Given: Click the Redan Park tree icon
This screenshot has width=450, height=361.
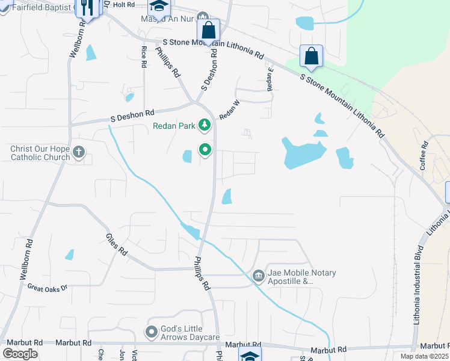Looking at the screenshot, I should click(206, 125).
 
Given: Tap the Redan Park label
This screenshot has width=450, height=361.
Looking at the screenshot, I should click(174, 126).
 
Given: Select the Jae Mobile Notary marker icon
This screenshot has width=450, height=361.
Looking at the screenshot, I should click(259, 276).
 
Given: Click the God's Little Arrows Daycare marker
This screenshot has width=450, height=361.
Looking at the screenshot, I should click(152, 332).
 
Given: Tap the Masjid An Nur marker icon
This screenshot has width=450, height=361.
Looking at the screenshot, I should click(203, 17).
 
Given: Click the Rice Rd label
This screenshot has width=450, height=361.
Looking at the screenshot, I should click(144, 56).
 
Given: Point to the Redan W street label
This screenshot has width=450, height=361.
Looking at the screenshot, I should click(229, 110).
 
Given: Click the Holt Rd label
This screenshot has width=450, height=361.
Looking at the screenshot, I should click(123, 4).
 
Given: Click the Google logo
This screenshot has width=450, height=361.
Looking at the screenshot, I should click(20, 354).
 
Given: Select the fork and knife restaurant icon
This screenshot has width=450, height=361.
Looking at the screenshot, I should click(87, 8).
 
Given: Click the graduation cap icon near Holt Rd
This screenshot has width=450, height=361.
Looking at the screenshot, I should click(159, 7).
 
